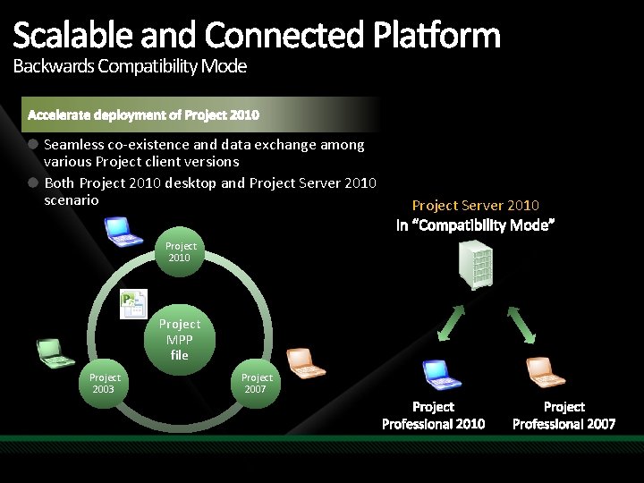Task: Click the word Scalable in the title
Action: click(x=64, y=36)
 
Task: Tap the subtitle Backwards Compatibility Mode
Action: click(x=130, y=66)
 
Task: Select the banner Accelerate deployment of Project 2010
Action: click(x=144, y=115)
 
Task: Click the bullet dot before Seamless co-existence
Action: click(x=32, y=143)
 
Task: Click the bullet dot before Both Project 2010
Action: click(x=32, y=182)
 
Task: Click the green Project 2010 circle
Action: click(x=181, y=251)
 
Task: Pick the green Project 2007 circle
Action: click(x=257, y=383)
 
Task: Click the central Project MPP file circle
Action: click(x=180, y=339)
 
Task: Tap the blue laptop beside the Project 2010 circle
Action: click(x=123, y=231)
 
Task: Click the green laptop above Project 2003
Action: click(x=55, y=353)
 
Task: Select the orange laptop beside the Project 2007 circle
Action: click(x=307, y=361)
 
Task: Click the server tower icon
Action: click(x=475, y=267)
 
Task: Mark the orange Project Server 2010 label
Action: click(x=475, y=206)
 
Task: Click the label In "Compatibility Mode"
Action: click(x=475, y=225)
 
